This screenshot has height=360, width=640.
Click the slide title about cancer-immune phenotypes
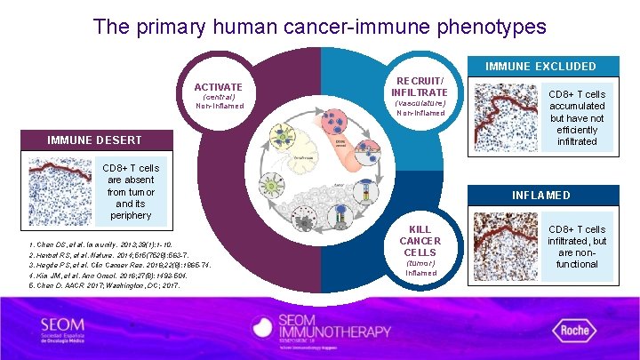[320, 27]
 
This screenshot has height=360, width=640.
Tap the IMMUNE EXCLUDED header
[540, 66]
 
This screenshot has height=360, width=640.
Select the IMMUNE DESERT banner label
[94, 140]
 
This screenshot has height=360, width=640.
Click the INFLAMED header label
[540, 195]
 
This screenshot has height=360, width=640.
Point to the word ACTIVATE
[219, 86]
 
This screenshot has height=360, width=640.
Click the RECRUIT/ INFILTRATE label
[420, 85]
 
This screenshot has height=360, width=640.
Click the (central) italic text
[219, 96]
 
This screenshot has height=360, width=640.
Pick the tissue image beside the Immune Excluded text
[505, 116]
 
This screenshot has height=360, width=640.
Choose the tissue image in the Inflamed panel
[505, 247]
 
